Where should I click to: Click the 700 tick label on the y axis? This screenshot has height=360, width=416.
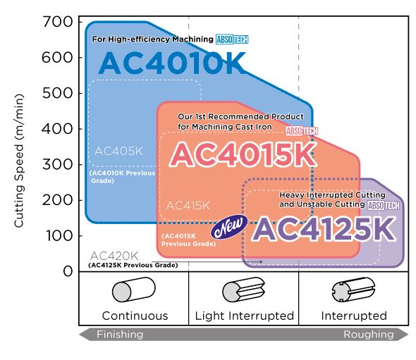pyautogui.click(x=58, y=22)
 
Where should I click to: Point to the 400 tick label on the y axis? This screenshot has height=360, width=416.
pyautogui.click(x=57, y=129)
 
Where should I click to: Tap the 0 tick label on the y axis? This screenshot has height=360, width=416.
pyautogui.click(x=68, y=271)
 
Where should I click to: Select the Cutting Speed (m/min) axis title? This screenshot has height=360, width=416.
pyautogui.click(x=19, y=161)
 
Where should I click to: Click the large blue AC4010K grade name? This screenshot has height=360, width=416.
pyautogui.click(x=172, y=63)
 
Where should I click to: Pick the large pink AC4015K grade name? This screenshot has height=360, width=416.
pyautogui.click(x=243, y=154)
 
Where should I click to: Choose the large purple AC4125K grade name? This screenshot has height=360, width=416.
pyautogui.click(x=324, y=229)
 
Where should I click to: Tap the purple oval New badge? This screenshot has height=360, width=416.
pyautogui.click(x=228, y=227)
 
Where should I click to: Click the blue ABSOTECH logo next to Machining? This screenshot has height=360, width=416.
pyautogui.click(x=232, y=39)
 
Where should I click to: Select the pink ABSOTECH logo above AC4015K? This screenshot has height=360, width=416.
pyautogui.click(x=302, y=131)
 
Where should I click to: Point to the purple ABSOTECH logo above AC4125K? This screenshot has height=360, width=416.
pyautogui.click(x=384, y=206)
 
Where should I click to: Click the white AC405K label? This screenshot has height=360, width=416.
pyautogui.click(x=118, y=151)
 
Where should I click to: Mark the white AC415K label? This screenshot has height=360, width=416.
pyautogui.click(x=188, y=206)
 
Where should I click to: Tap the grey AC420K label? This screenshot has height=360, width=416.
pyautogui.click(x=114, y=256)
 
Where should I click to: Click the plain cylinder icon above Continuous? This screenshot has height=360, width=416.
pyautogui.click(x=134, y=290)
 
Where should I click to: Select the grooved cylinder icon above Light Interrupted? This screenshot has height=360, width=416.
pyautogui.click(x=243, y=290)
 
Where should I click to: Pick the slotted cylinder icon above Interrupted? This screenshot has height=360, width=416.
pyautogui.click(x=353, y=290)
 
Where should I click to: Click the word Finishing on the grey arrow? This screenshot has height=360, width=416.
pyautogui.click(x=120, y=334)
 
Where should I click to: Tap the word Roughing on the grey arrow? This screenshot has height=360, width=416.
pyautogui.click(x=369, y=335)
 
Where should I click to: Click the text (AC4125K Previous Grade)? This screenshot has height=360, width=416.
pyautogui.click(x=133, y=265)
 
